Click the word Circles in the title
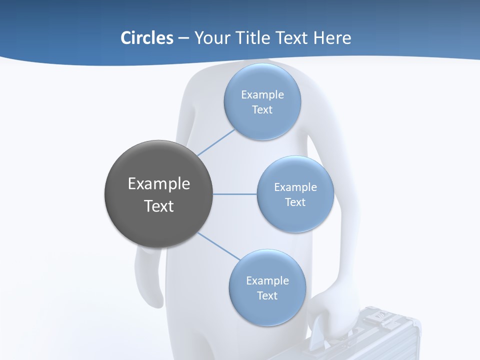pyautogui.click(x=147, y=37)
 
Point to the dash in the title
pyautogui.click(x=183, y=38)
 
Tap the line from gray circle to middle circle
pyautogui.click(x=235, y=194)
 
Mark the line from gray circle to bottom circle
pyautogui.click(x=219, y=246)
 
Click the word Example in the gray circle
pyautogui.click(x=159, y=184)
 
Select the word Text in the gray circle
pyautogui.click(x=159, y=206)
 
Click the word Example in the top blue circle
pyautogui.click(x=262, y=94)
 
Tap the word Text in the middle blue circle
pyautogui.click(x=295, y=202)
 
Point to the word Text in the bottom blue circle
pyautogui.click(x=267, y=295)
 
